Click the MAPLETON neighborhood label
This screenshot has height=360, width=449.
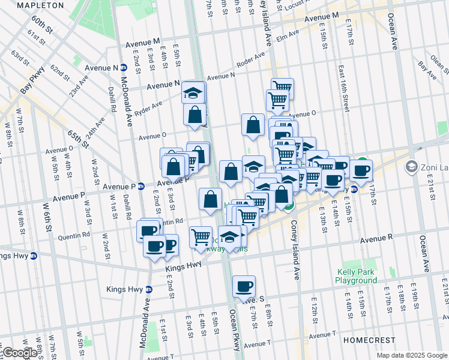coord(40,5)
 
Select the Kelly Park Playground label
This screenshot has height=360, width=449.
coord(356,276)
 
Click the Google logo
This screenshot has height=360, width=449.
coord(19,353)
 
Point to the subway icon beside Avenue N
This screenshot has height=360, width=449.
coord(123,67)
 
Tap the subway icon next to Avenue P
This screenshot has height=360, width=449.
coord(140,186)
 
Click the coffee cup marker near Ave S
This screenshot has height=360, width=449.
coord(244,287)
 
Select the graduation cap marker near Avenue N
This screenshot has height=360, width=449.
coord(193,93)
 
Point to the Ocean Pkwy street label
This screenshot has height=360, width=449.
coord(235,331)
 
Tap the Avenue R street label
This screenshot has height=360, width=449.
coord(376,239)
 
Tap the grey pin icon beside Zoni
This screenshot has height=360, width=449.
coord(412,166)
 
